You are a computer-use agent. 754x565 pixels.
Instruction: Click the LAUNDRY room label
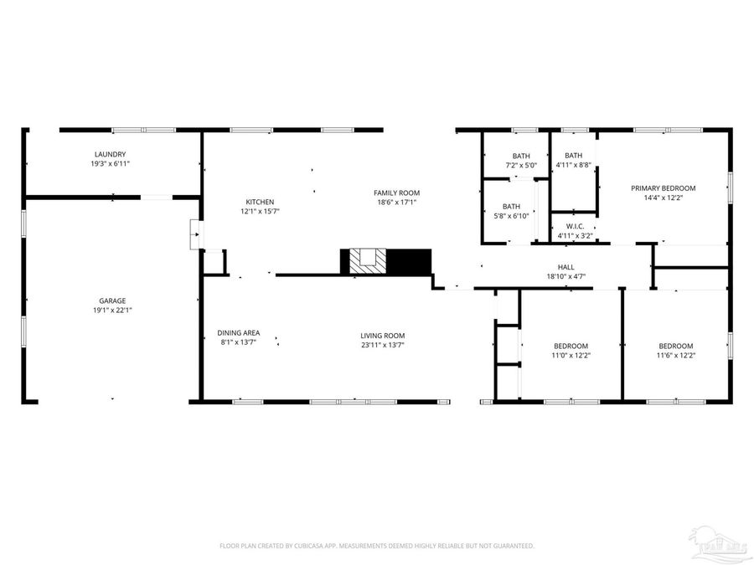click(x=109, y=154)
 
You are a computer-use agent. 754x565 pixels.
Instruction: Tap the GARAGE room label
click(x=111, y=300)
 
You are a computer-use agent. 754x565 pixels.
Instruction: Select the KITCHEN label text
click(x=260, y=202)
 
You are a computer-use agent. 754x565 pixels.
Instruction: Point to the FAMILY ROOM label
click(x=396, y=193)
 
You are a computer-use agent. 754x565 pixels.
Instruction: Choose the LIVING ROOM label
click(x=383, y=336)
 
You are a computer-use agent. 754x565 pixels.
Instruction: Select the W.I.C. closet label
click(x=575, y=226)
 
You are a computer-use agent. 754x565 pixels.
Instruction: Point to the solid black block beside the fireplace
click(x=410, y=261)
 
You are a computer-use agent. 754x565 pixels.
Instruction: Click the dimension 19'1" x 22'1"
click(x=111, y=311)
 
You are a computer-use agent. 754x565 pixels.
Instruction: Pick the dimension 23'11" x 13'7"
click(x=383, y=345)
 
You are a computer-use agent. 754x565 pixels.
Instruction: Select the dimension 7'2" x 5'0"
click(x=522, y=166)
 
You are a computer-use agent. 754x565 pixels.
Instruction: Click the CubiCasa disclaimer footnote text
click(x=376, y=546)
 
